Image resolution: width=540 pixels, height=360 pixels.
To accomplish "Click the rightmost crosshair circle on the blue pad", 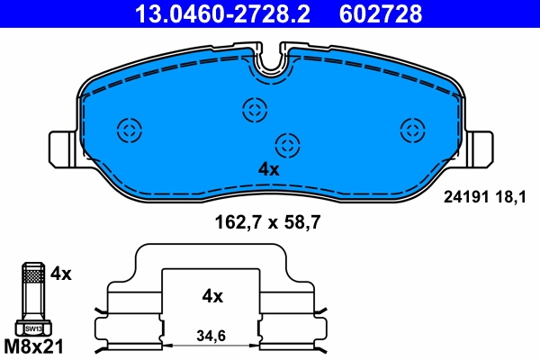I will [x=413, y=129].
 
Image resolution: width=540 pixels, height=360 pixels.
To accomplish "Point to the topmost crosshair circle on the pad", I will [x=255, y=111].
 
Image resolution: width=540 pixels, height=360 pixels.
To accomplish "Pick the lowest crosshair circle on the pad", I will [x=287, y=144].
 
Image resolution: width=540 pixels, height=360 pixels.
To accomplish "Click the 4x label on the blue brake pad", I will [x=269, y=168].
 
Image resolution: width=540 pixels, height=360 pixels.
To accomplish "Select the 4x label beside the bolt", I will [x=60, y=272].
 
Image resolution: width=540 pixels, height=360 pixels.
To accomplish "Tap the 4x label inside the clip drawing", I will [x=212, y=295].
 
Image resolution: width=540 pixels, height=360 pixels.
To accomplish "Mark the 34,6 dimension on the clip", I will [x=211, y=337].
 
